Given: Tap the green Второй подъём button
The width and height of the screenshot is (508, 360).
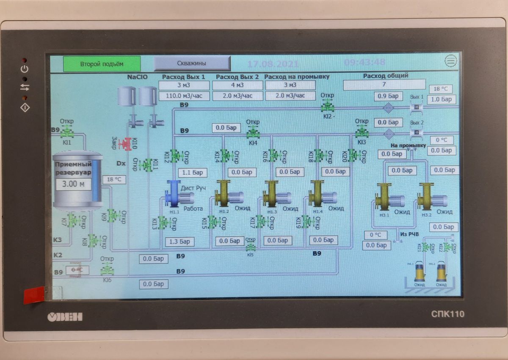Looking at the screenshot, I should click(x=102, y=64).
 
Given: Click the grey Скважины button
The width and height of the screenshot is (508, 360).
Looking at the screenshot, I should click(x=192, y=63).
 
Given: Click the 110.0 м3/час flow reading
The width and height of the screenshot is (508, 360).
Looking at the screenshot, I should click(x=184, y=96).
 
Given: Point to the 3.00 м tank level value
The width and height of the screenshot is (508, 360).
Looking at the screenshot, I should click(x=73, y=184).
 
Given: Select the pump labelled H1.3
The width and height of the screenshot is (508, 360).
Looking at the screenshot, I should click(x=275, y=195).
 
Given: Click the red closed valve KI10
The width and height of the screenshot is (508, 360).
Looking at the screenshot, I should click(x=125, y=144).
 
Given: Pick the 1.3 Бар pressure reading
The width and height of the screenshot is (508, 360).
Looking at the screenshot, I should click(x=179, y=242).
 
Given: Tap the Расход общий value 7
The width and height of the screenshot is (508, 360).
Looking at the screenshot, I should click(x=384, y=85).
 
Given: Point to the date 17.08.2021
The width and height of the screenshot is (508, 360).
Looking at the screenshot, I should click(x=273, y=64).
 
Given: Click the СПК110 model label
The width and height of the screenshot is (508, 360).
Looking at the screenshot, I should click(x=448, y=314).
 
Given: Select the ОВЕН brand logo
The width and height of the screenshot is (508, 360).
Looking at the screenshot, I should click(x=64, y=317).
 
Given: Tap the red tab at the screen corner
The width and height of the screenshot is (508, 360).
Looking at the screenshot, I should click(x=34, y=294).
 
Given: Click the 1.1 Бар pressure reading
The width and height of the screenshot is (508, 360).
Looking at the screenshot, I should click(x=192, y=173).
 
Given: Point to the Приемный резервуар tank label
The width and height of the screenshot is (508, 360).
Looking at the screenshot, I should click(x=73, y=168).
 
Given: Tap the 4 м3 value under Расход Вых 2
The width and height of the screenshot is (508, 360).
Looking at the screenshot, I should click(x=237, y=85).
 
